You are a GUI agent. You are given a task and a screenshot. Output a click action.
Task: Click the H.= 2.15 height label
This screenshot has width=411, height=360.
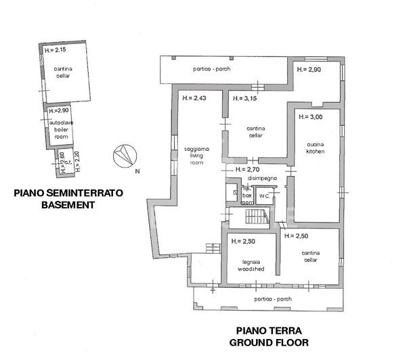(x=54, y=50)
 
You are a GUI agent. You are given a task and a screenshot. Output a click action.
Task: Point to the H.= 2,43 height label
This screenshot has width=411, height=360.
(x=194, y=99)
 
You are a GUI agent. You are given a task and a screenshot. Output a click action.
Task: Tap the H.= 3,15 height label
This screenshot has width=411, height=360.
(x=244, y=99)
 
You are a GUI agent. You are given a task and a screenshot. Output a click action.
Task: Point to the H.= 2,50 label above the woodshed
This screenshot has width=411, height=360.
(x=242, y=241)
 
